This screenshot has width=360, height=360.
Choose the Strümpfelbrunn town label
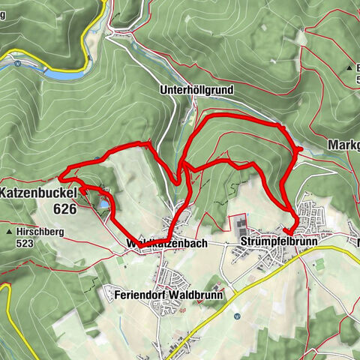click(x=280, y=242)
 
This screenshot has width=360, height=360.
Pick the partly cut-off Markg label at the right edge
click(x=343, y=144)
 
